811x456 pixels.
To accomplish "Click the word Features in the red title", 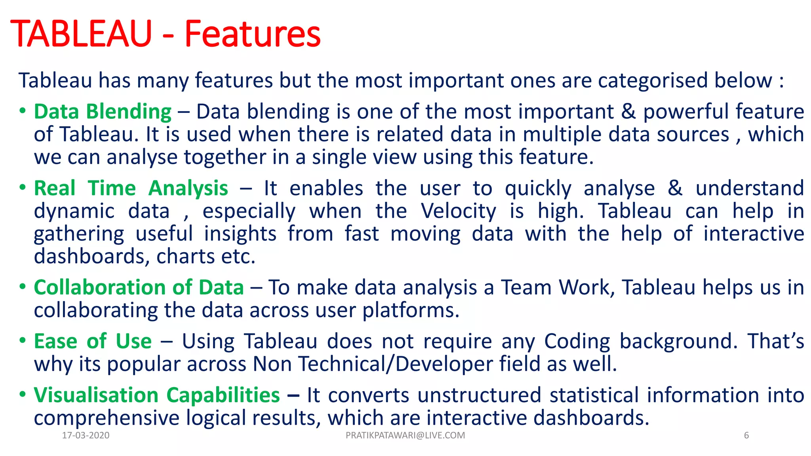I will click(x=252, y=34).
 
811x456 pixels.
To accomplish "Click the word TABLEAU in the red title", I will click(x=81, y=34).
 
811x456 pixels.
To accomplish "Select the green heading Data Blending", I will click(x=103, y=112).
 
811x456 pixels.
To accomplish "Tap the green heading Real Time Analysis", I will click(x=131, y=188).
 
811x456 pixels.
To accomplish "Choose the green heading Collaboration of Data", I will click(x=139, y=287).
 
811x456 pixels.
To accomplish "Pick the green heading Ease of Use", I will click(x=93, y=341).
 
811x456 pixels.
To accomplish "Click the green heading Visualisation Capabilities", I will click(x=157, y=395).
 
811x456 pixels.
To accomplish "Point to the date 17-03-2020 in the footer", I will click(x=86, y=435).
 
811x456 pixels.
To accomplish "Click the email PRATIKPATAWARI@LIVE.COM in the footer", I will click(x=405, y=435).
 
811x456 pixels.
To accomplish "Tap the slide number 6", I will click(x=746, y=435).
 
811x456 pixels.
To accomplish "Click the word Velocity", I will click(x=458, y=211).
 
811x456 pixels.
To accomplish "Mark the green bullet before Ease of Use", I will click(x=23, y=340).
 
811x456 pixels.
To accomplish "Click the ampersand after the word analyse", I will click(x=675, y=188).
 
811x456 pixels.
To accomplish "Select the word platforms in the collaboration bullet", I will click(x=411, y=310).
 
